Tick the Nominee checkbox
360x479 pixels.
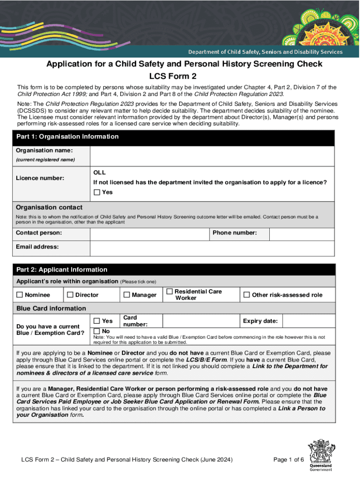pos(20,295)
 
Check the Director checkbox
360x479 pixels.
pos(70,295)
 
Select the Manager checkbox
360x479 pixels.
pos(127,295)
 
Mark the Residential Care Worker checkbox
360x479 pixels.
pos(170,291)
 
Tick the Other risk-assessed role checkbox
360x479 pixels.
pos(246,295)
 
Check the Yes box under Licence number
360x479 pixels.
pos(97,192)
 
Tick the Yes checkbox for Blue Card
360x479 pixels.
pos(97,321)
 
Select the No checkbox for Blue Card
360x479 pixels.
pos(97,331)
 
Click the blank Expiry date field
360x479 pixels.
pos(309,321)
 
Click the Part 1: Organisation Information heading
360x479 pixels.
pos(67,137)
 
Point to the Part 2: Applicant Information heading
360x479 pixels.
pos(62,269)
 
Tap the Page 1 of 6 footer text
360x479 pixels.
pos(288,459)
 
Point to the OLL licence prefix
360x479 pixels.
pos(100,173)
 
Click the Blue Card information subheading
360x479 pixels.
pos(51,308)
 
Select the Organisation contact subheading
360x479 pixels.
pos(49,207)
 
